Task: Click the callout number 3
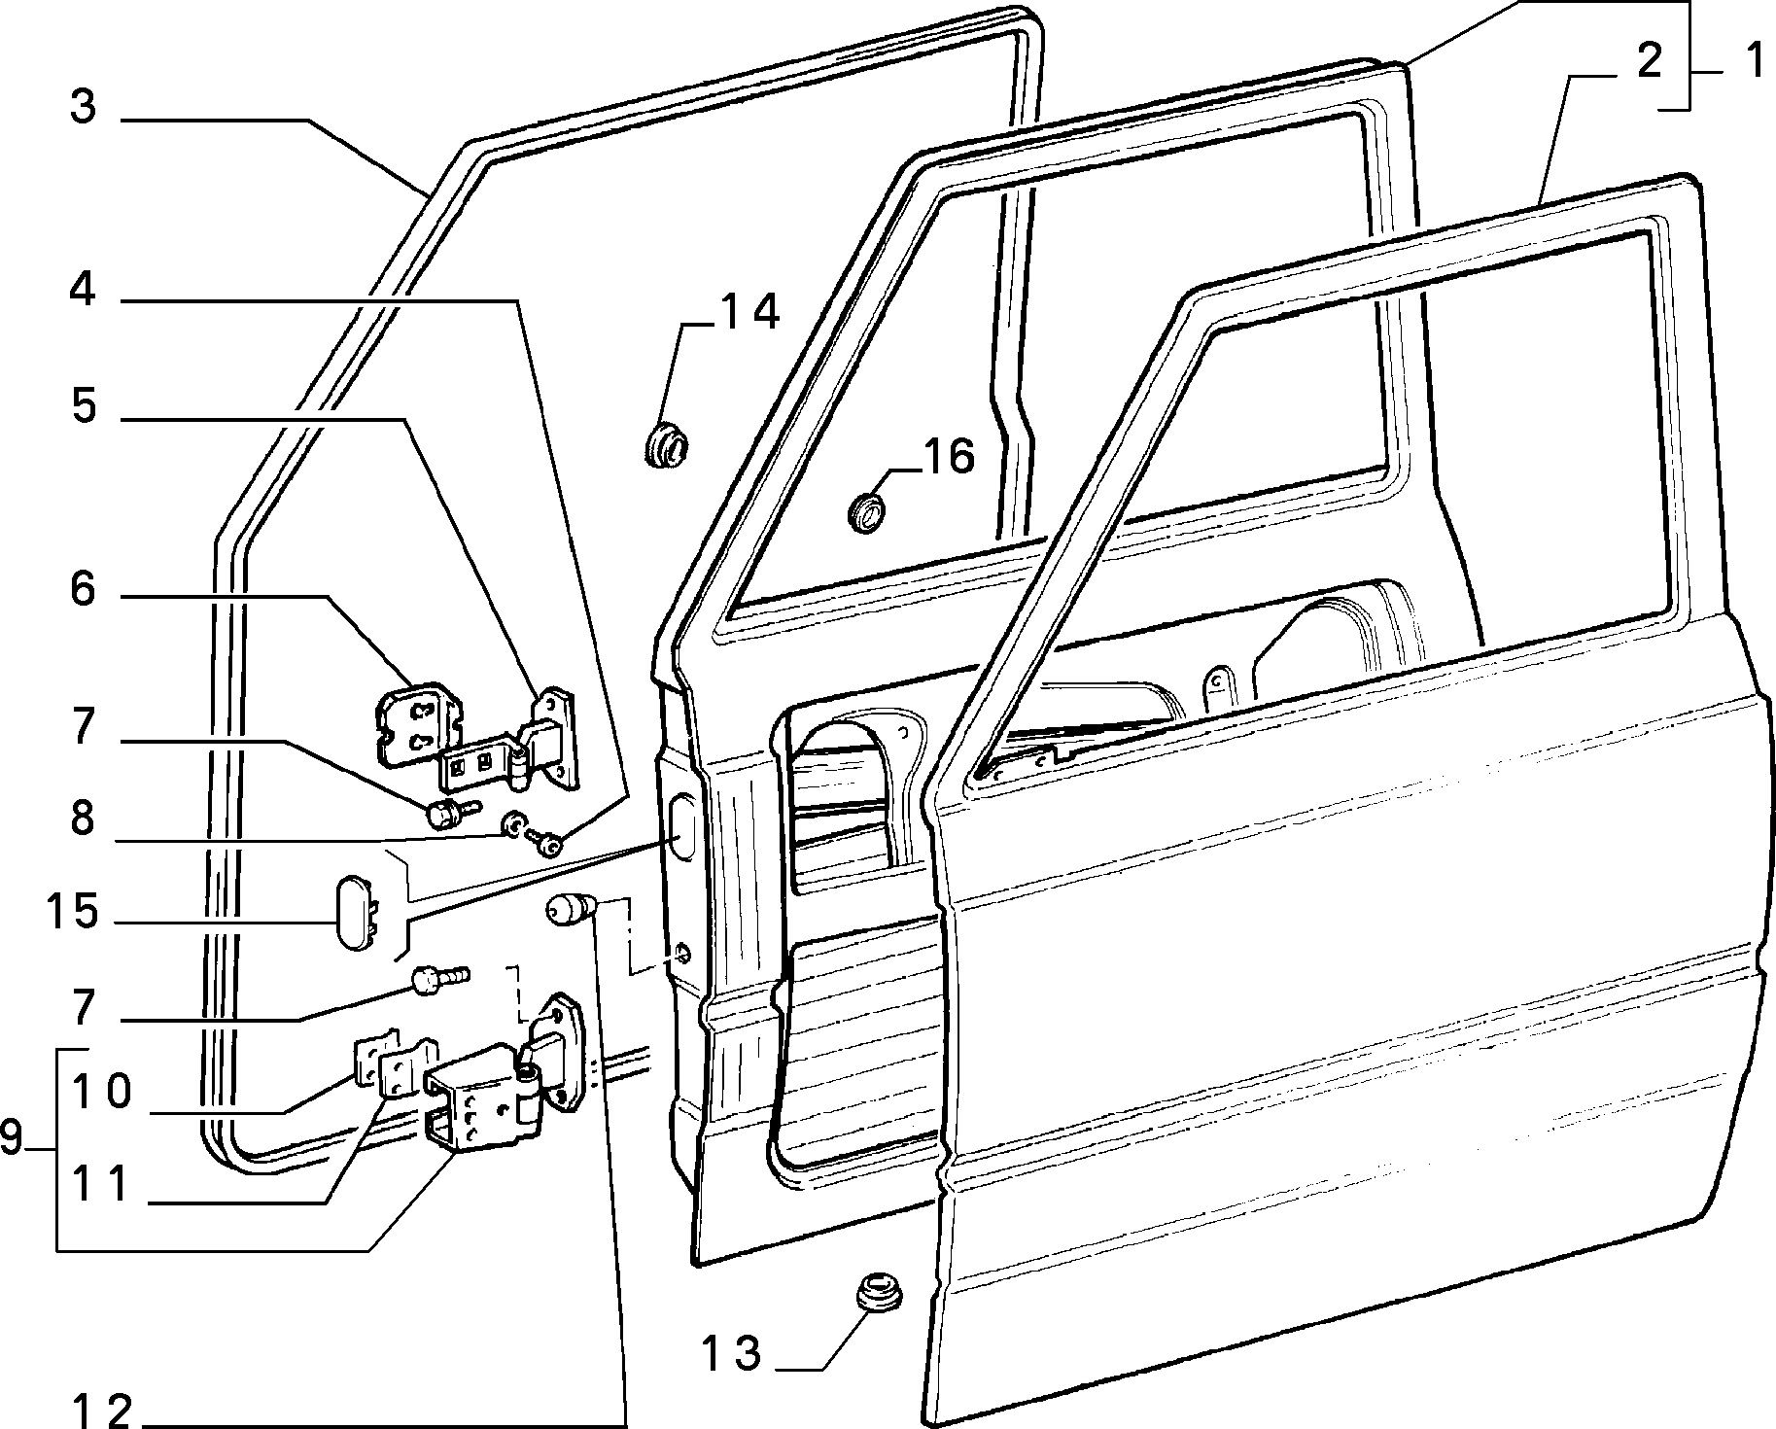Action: [x=84, y=107]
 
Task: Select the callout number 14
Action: [x=749, y=313]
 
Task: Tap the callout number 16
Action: [x=948, y=457]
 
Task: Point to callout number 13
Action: [x=732, y=1353]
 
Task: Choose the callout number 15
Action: [x=71, y=913]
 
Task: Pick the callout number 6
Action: [x=83, y=589]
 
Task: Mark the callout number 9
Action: [x=12, y=1136]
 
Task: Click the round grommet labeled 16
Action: [x=867, y=512]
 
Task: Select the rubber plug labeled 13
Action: [x=879, y=1290]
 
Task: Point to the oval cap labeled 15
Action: [x=355, y=912]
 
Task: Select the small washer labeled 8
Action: [x=510, y=827]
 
